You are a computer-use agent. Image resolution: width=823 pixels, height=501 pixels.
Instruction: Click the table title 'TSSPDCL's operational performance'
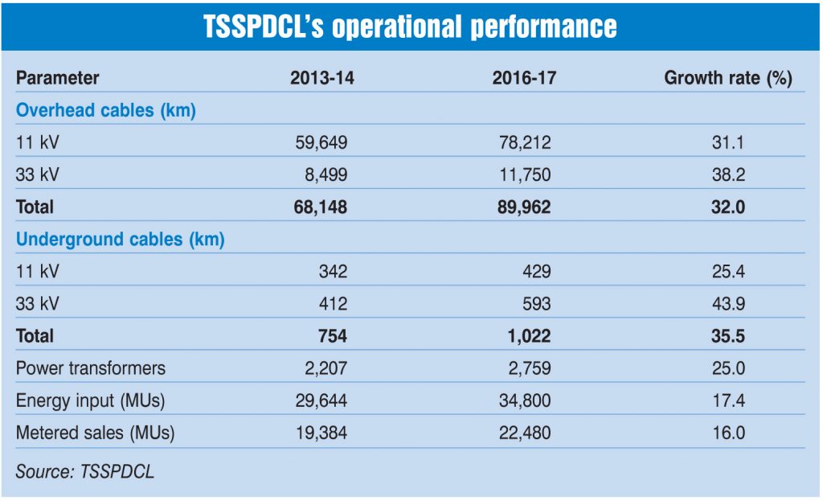tap(411, 27)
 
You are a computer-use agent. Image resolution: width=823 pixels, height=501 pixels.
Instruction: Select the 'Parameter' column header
tap(58, 78)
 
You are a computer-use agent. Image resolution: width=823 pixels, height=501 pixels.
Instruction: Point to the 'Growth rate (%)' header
tap(728, 78)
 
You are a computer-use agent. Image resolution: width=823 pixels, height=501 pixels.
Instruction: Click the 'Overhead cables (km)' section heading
tap(106, 110)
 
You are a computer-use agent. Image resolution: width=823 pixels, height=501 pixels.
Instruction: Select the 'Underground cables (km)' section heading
tap(121, 239)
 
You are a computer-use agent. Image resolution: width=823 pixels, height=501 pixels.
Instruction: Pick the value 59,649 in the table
tap(319, 142)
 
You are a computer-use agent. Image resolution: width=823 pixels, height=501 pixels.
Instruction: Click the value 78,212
tap(523, 142)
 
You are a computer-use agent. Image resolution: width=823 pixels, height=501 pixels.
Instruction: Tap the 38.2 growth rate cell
tap(728, 175)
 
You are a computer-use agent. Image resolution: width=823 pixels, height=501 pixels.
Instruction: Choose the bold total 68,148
tap(319, 207)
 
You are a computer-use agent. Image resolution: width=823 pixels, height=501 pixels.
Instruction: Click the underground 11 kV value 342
tap(331, 271)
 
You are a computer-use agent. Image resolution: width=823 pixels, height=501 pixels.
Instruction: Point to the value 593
tap(535, 303)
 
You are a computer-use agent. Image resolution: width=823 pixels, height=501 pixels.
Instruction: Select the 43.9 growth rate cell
tap(728, 303)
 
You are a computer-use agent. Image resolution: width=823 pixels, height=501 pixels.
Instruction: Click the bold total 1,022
tap(528, 335)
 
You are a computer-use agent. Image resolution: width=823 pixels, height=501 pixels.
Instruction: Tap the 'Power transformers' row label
tap(91, 368)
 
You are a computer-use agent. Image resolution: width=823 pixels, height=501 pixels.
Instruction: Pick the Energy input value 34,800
tap(523, 400)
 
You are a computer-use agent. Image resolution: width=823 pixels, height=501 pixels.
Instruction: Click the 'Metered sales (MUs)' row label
tap(96, 433)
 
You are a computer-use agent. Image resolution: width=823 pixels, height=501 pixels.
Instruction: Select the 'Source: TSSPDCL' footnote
tap(85, 471)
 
